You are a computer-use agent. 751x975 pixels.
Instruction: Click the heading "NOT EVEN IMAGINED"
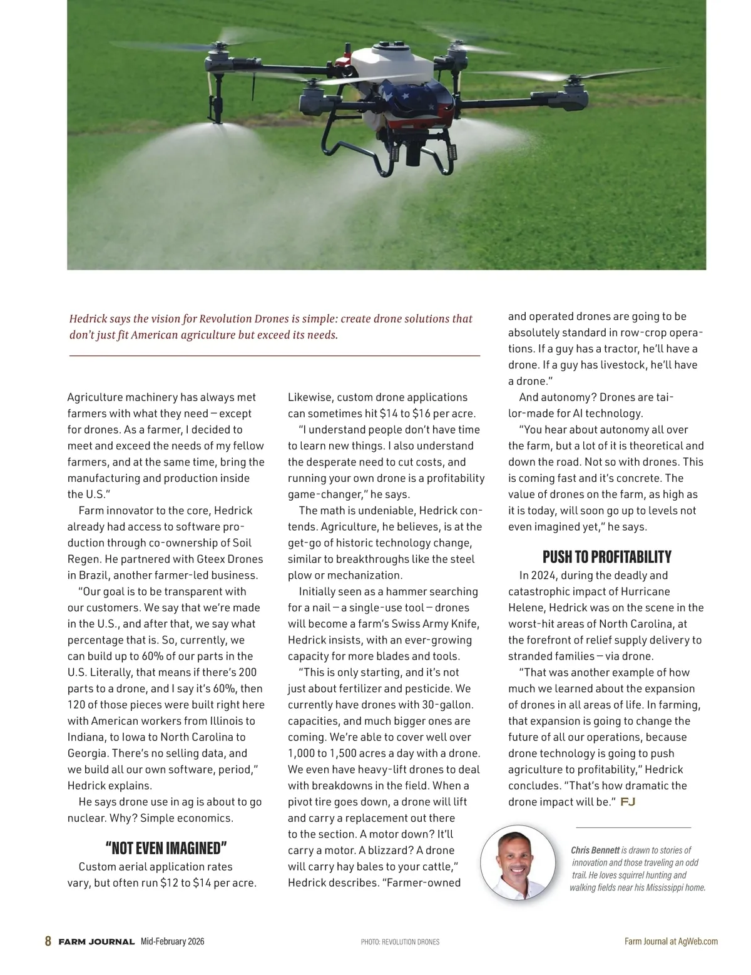pyautogui.click(x=166, y=848)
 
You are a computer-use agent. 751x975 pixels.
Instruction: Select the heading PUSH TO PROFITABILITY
pyautogui.click(x=606, y=557)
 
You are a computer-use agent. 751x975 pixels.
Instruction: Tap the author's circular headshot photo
pyautogui.click(x=518, y=863)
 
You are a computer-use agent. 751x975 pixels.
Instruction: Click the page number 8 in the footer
pyautogui.click(x=48, y=941)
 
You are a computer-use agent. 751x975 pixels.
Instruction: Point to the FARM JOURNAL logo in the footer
pyautogui.click(x=96, y=942)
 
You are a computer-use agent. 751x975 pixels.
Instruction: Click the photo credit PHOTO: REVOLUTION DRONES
pyautogui.click(x=400, y=942)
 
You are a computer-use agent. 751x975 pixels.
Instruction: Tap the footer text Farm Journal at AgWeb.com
pyautogui.click(x=671, y=941)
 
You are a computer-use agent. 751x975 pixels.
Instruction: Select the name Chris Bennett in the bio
pyautogui.click(x=595, y=850)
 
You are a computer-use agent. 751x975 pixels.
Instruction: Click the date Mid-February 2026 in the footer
pyautogui.click(x=173, y=942)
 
